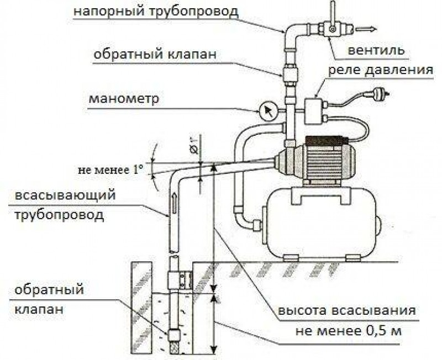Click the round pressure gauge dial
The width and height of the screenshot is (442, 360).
[x=267, y=112]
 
